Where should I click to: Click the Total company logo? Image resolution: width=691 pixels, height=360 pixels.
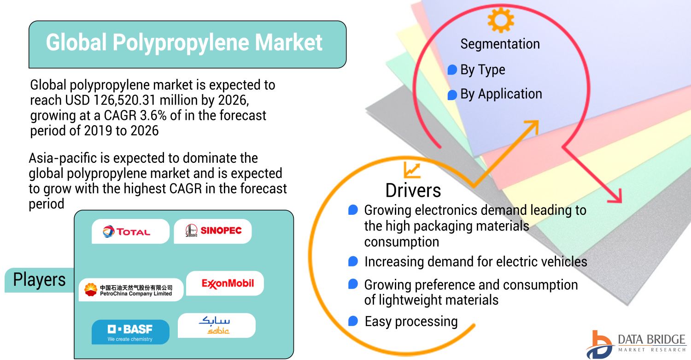pyautogui.click(x=127, y=231)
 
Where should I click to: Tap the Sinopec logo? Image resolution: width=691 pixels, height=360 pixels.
pyautogui.click(x=213, y=230)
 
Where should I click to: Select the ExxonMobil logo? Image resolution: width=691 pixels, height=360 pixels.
pyautogui.click(x=228, y=283)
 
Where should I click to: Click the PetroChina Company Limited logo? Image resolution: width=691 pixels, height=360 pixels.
pyautogui.click(x=128, y=290)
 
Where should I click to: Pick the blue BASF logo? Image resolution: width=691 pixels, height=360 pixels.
pyautogui.click(x=130, y=332)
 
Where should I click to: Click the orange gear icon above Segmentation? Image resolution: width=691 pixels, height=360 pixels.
pyautogui.click(x=501, y=20)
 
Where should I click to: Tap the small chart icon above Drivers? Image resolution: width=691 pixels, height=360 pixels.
pyautogui.click(x=412, y=171)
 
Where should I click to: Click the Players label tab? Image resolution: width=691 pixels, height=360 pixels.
pyautogui.click(x=39, y=280)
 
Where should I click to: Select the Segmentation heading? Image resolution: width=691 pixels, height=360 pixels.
pyautogui.click(x=500, y=44)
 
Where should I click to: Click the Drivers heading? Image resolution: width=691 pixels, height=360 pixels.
pyautogui.click(x=413, y=190)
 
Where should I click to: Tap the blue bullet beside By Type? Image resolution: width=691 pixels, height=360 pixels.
pyautogui.click(x=452, y=70)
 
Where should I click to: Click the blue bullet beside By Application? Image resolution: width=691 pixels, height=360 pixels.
pyautogui.click(x=452, y=95)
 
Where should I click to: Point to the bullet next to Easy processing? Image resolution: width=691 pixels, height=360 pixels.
pyautogui.click(x=353, y=321)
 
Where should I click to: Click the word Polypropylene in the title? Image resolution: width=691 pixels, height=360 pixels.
pyautogui.click(x=181, y=42)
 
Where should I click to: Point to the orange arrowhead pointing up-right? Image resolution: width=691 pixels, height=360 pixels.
pyautogui.click(x=532, y=126)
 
